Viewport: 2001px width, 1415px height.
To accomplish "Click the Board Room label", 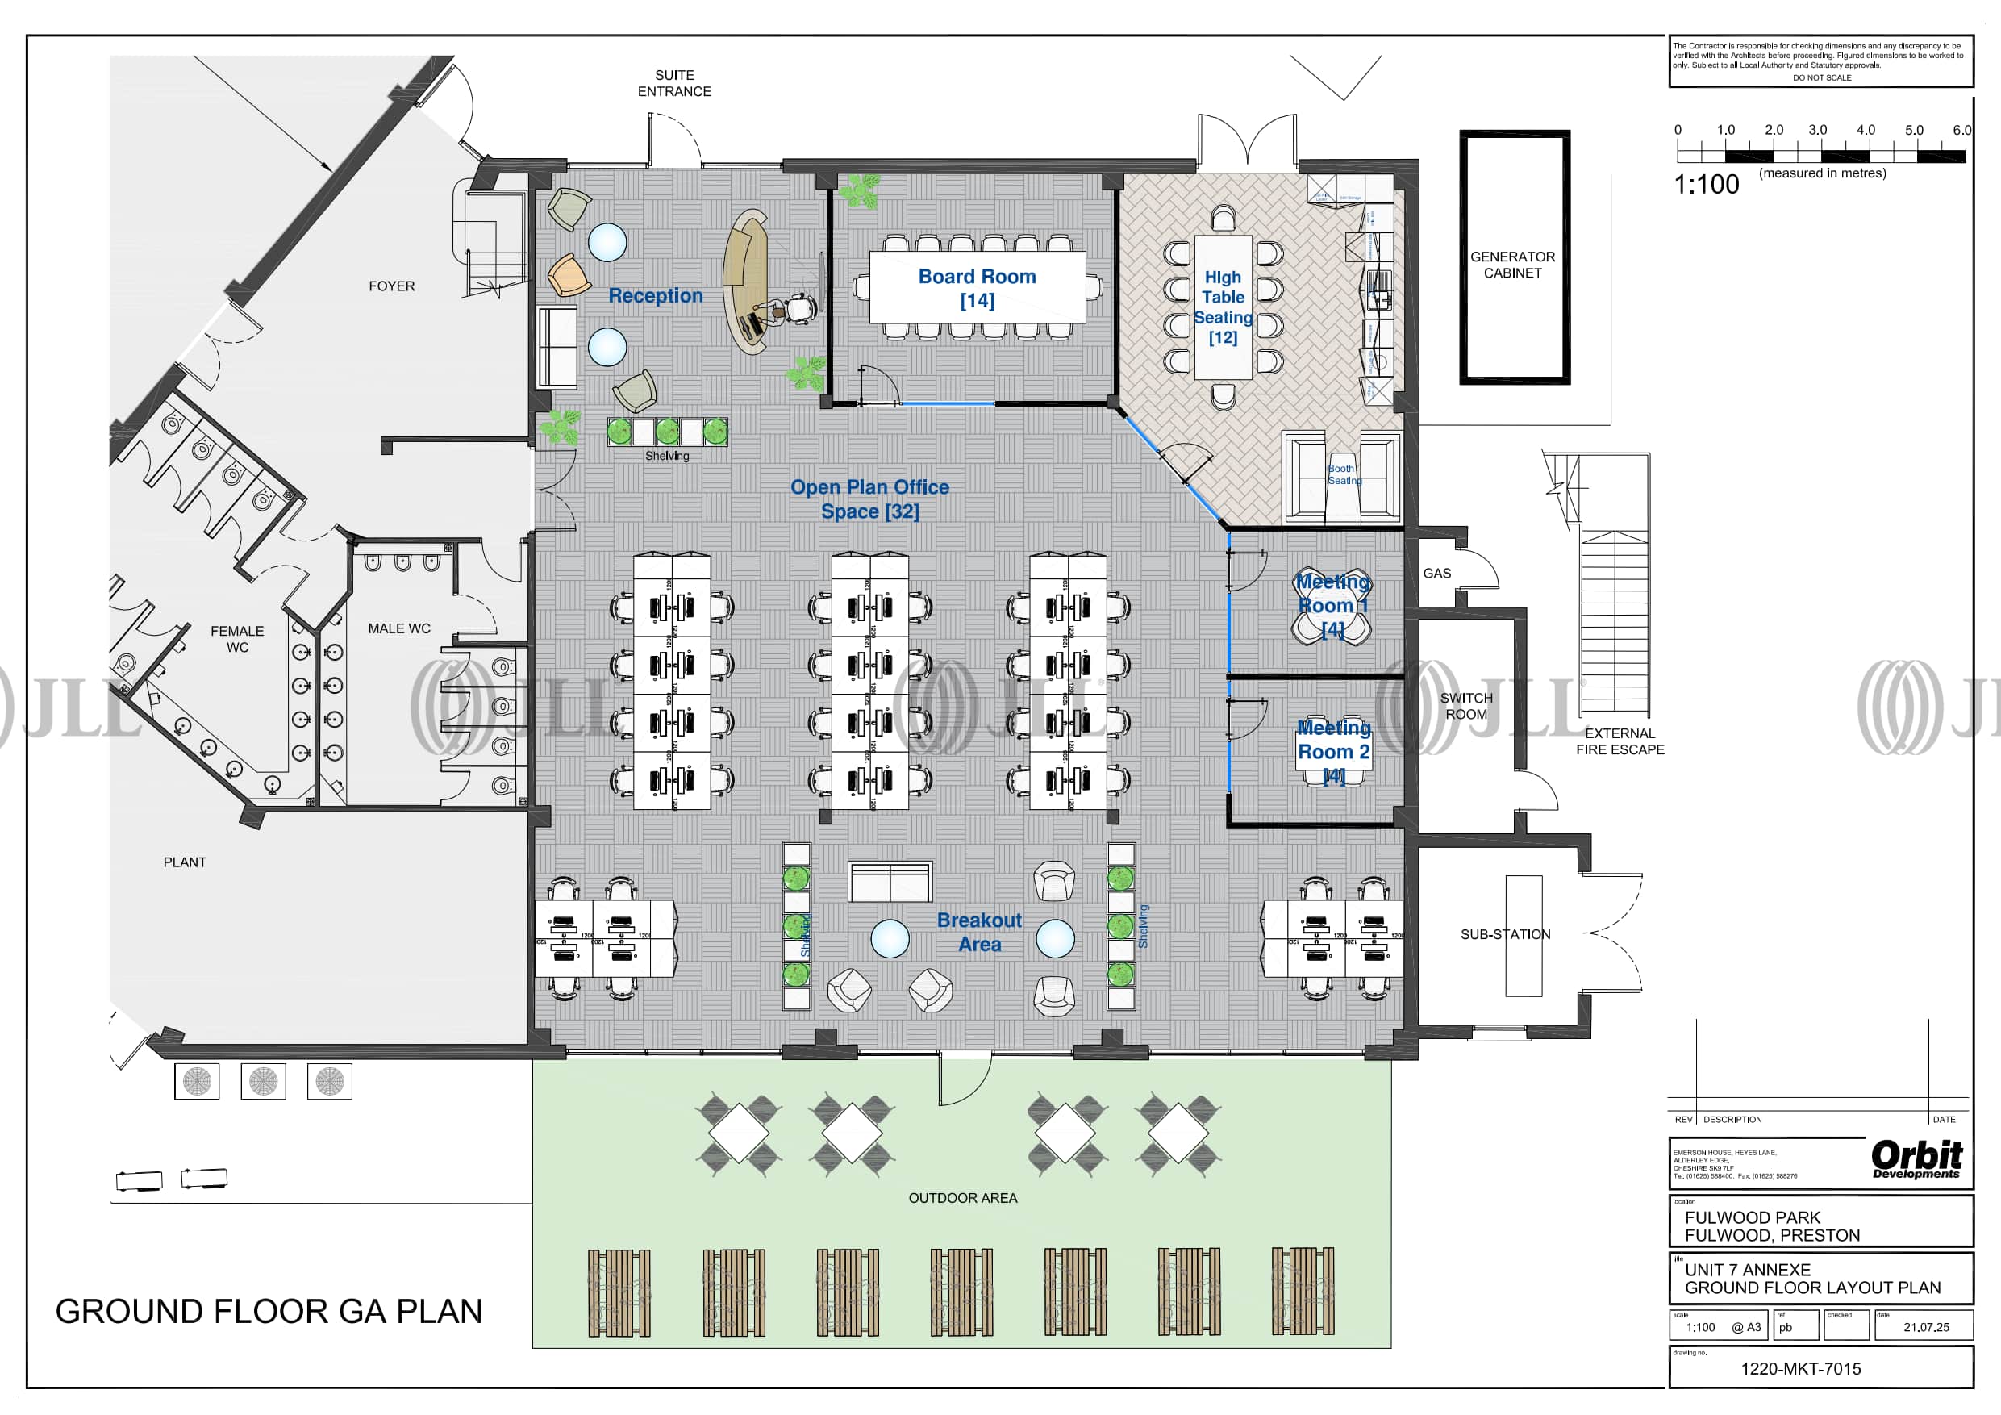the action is click(977, 288).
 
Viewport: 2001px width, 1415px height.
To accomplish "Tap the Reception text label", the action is click(656, 295).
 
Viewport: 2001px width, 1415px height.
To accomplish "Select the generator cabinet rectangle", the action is click(1514, 257).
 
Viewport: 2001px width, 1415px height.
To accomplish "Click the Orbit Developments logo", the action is click(1916, 1159).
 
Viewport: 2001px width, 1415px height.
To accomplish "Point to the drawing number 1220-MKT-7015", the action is click(1800, 1369).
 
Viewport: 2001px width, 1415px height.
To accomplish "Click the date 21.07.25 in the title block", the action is click(1926, 1327).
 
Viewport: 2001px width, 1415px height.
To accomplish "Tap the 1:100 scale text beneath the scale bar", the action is click(1706, 184).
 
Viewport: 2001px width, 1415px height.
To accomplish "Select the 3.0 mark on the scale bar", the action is click(1817, 130).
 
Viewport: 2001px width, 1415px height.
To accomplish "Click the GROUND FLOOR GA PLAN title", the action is click(269, 1311).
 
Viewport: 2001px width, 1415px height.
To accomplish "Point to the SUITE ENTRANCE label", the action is click(674, 84).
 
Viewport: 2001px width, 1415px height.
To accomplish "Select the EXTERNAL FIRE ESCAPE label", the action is click(1620, 741).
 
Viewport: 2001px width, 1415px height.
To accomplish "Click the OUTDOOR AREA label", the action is click(963, 1198).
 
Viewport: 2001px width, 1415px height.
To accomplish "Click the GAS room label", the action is click(1437, 574).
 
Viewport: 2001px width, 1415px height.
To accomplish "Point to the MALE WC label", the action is click(399, 628).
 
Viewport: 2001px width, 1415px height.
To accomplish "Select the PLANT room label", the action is click(185, 862).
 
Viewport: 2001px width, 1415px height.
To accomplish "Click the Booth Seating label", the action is click(1343, 474).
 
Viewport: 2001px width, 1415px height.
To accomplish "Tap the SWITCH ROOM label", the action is click(1466, 706).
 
